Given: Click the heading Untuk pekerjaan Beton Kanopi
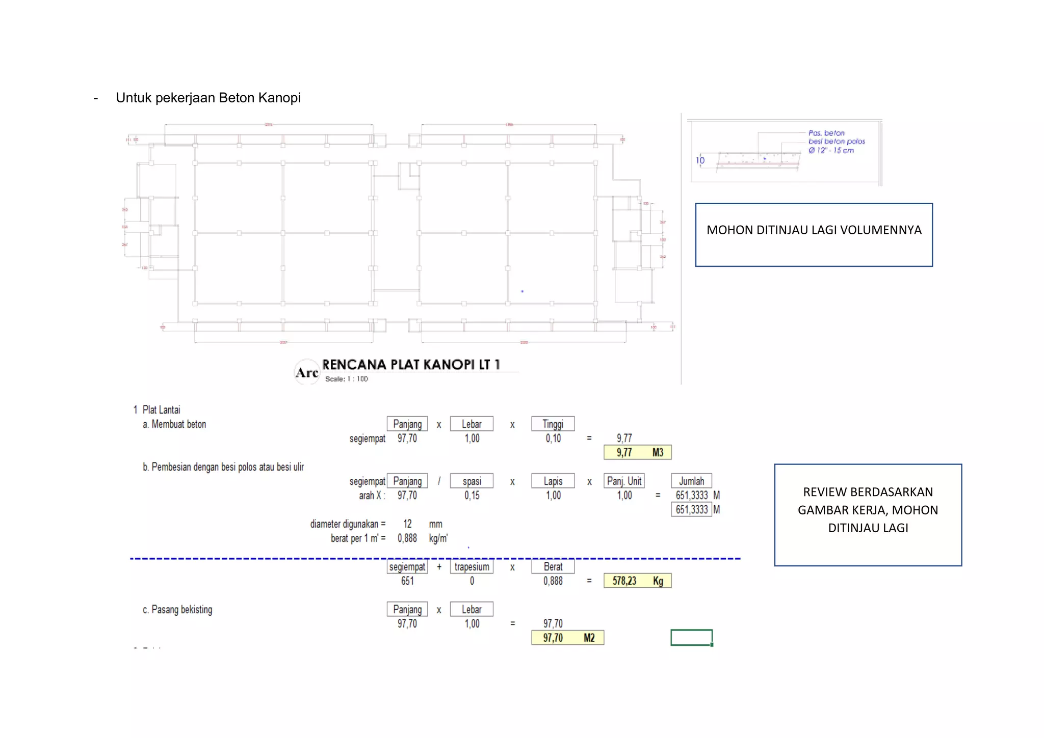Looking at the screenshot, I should click(x=208, y=98).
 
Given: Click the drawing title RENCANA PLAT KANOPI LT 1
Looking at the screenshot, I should click(x=411, y=365).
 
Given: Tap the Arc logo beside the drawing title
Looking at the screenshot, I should click(x=307, y=372).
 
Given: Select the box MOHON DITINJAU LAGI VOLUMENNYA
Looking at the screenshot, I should click(x=814, y=235).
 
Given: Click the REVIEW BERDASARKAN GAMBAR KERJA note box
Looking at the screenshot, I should click(x=868, y=514).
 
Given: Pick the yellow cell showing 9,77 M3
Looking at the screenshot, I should click(x=637, y=452).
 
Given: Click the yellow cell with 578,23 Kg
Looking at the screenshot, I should click(x=637, y=581).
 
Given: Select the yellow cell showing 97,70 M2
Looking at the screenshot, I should click(x=567, y=638).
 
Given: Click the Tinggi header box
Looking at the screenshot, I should click(x=553, y=424).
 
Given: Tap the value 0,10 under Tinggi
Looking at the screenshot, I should click(x=553, y=438).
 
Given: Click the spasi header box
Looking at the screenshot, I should click(x=472, y=481).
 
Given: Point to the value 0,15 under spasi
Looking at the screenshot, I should click(x=472, y=495).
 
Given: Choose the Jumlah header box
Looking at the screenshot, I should click(x=691, y=481).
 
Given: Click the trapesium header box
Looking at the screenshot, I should click(x=472, y=566).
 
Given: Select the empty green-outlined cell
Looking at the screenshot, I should click(x=691, y=637).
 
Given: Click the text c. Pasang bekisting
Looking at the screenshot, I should click(x=177, y=610).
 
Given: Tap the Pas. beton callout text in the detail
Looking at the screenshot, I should click(x=826, y=133).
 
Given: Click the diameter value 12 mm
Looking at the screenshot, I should click(x=407, y=524).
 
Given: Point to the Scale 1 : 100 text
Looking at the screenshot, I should click(x=347, y=379).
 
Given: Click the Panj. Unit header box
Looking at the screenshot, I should click(x=624, y=481).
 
